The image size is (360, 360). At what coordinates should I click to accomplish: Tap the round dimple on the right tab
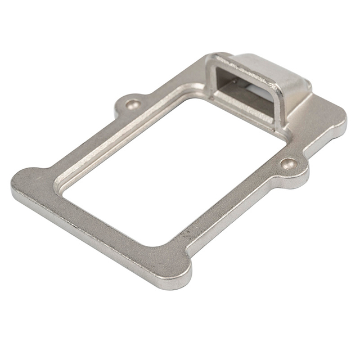[290, 164]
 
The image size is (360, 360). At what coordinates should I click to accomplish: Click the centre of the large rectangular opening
[169, 169]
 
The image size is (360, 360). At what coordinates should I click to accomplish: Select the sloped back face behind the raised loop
[281, 73]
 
